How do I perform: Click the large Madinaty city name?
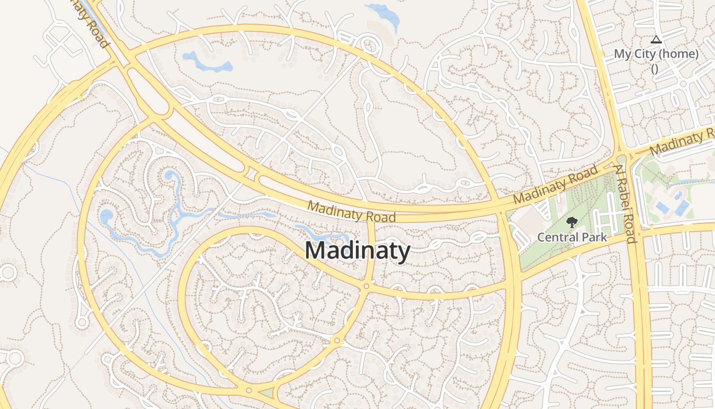coord(357,251)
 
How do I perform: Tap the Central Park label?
coord(572,237)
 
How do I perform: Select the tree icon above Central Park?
coord(572,222)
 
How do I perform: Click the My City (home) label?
coord(656,54)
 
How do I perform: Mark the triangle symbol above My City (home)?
coord(656,39)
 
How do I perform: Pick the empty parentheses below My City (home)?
coord(655,69)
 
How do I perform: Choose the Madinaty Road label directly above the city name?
coord(351,212)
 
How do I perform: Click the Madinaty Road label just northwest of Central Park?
coord(555,185)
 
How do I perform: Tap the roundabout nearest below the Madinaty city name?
coord(366,286)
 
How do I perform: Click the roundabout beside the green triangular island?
coord(249,391)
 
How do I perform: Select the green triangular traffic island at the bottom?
coord(266,393)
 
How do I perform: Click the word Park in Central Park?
coord(594,237)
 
